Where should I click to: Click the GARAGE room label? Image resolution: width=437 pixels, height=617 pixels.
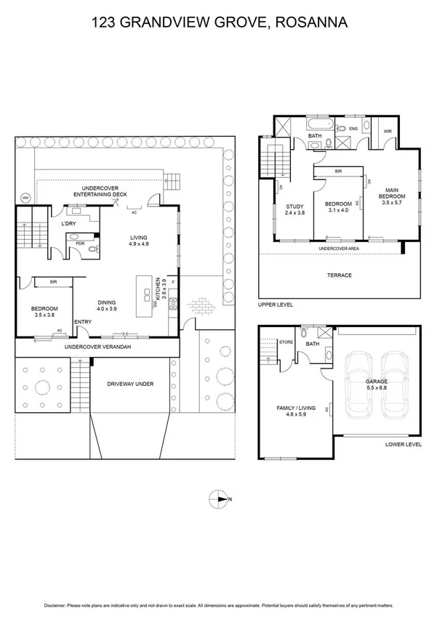coord(376,381)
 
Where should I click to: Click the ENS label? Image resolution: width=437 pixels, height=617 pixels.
coord(353,129)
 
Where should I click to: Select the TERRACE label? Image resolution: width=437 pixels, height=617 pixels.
coord(340,275)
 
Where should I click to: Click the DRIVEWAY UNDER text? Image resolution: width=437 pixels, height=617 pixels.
coord(130,384)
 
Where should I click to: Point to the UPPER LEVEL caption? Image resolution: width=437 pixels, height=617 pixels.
coord(276,305)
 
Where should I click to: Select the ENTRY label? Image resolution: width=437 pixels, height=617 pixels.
coord(83,322)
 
